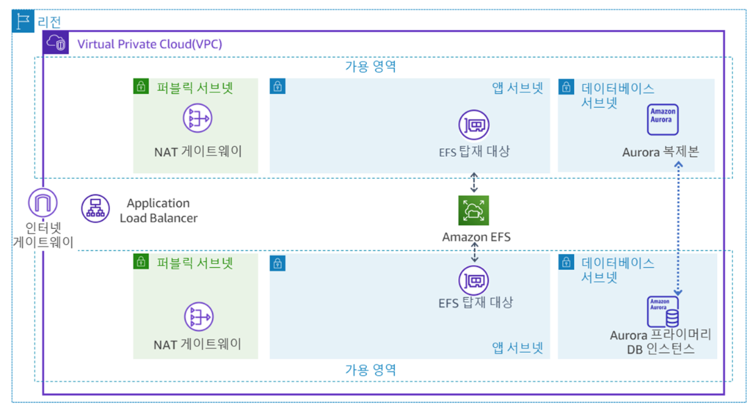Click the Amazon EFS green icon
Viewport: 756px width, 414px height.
click(474, 211)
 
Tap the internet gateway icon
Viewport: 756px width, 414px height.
click(42, 203)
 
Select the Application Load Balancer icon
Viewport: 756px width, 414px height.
click(95, 208)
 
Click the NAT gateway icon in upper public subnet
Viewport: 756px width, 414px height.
click(197, 119)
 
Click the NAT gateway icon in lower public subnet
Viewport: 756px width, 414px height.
click(198, 317)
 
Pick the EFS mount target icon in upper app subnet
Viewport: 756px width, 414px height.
click(474, 126)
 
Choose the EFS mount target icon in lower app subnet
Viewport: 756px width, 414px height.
click(474, 280)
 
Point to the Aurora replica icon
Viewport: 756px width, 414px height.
click(662, 120)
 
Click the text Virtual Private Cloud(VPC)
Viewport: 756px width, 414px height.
click(149, 44)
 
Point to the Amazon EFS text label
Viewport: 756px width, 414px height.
click(476, 237)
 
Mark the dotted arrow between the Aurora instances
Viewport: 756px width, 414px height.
click(678, 230)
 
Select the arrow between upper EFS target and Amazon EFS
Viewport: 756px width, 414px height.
click(474, 181)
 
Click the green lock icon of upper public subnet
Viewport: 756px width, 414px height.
click(141, 86)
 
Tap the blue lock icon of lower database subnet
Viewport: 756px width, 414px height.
click(566, 262)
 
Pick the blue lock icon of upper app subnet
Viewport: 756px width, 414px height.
click(278, 86)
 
